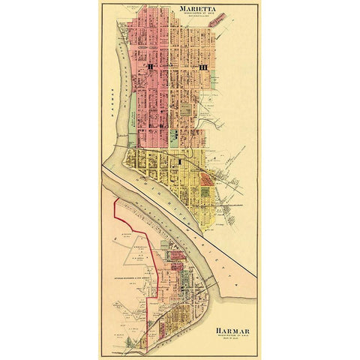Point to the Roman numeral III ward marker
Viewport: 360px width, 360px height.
[x=202, y=69]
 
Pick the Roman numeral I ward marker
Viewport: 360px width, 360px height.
[x=180, y=160]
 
